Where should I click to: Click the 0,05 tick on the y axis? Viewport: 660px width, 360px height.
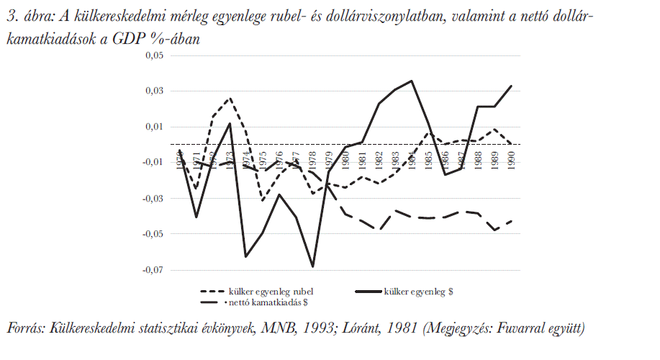(154, 55)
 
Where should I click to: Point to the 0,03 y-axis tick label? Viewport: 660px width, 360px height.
(154, 91)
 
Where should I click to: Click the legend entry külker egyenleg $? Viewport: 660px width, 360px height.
(417, 292)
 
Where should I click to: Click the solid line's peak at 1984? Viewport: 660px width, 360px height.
(412, 81)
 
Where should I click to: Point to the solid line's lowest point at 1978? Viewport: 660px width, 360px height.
(312, 266)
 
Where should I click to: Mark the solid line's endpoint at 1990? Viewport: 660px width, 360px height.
(512, 86)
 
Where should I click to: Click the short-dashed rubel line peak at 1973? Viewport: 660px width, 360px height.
(230, 98)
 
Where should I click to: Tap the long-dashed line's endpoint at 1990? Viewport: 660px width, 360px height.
(512, 220)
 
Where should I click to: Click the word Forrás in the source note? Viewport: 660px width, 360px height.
(25, 329)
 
